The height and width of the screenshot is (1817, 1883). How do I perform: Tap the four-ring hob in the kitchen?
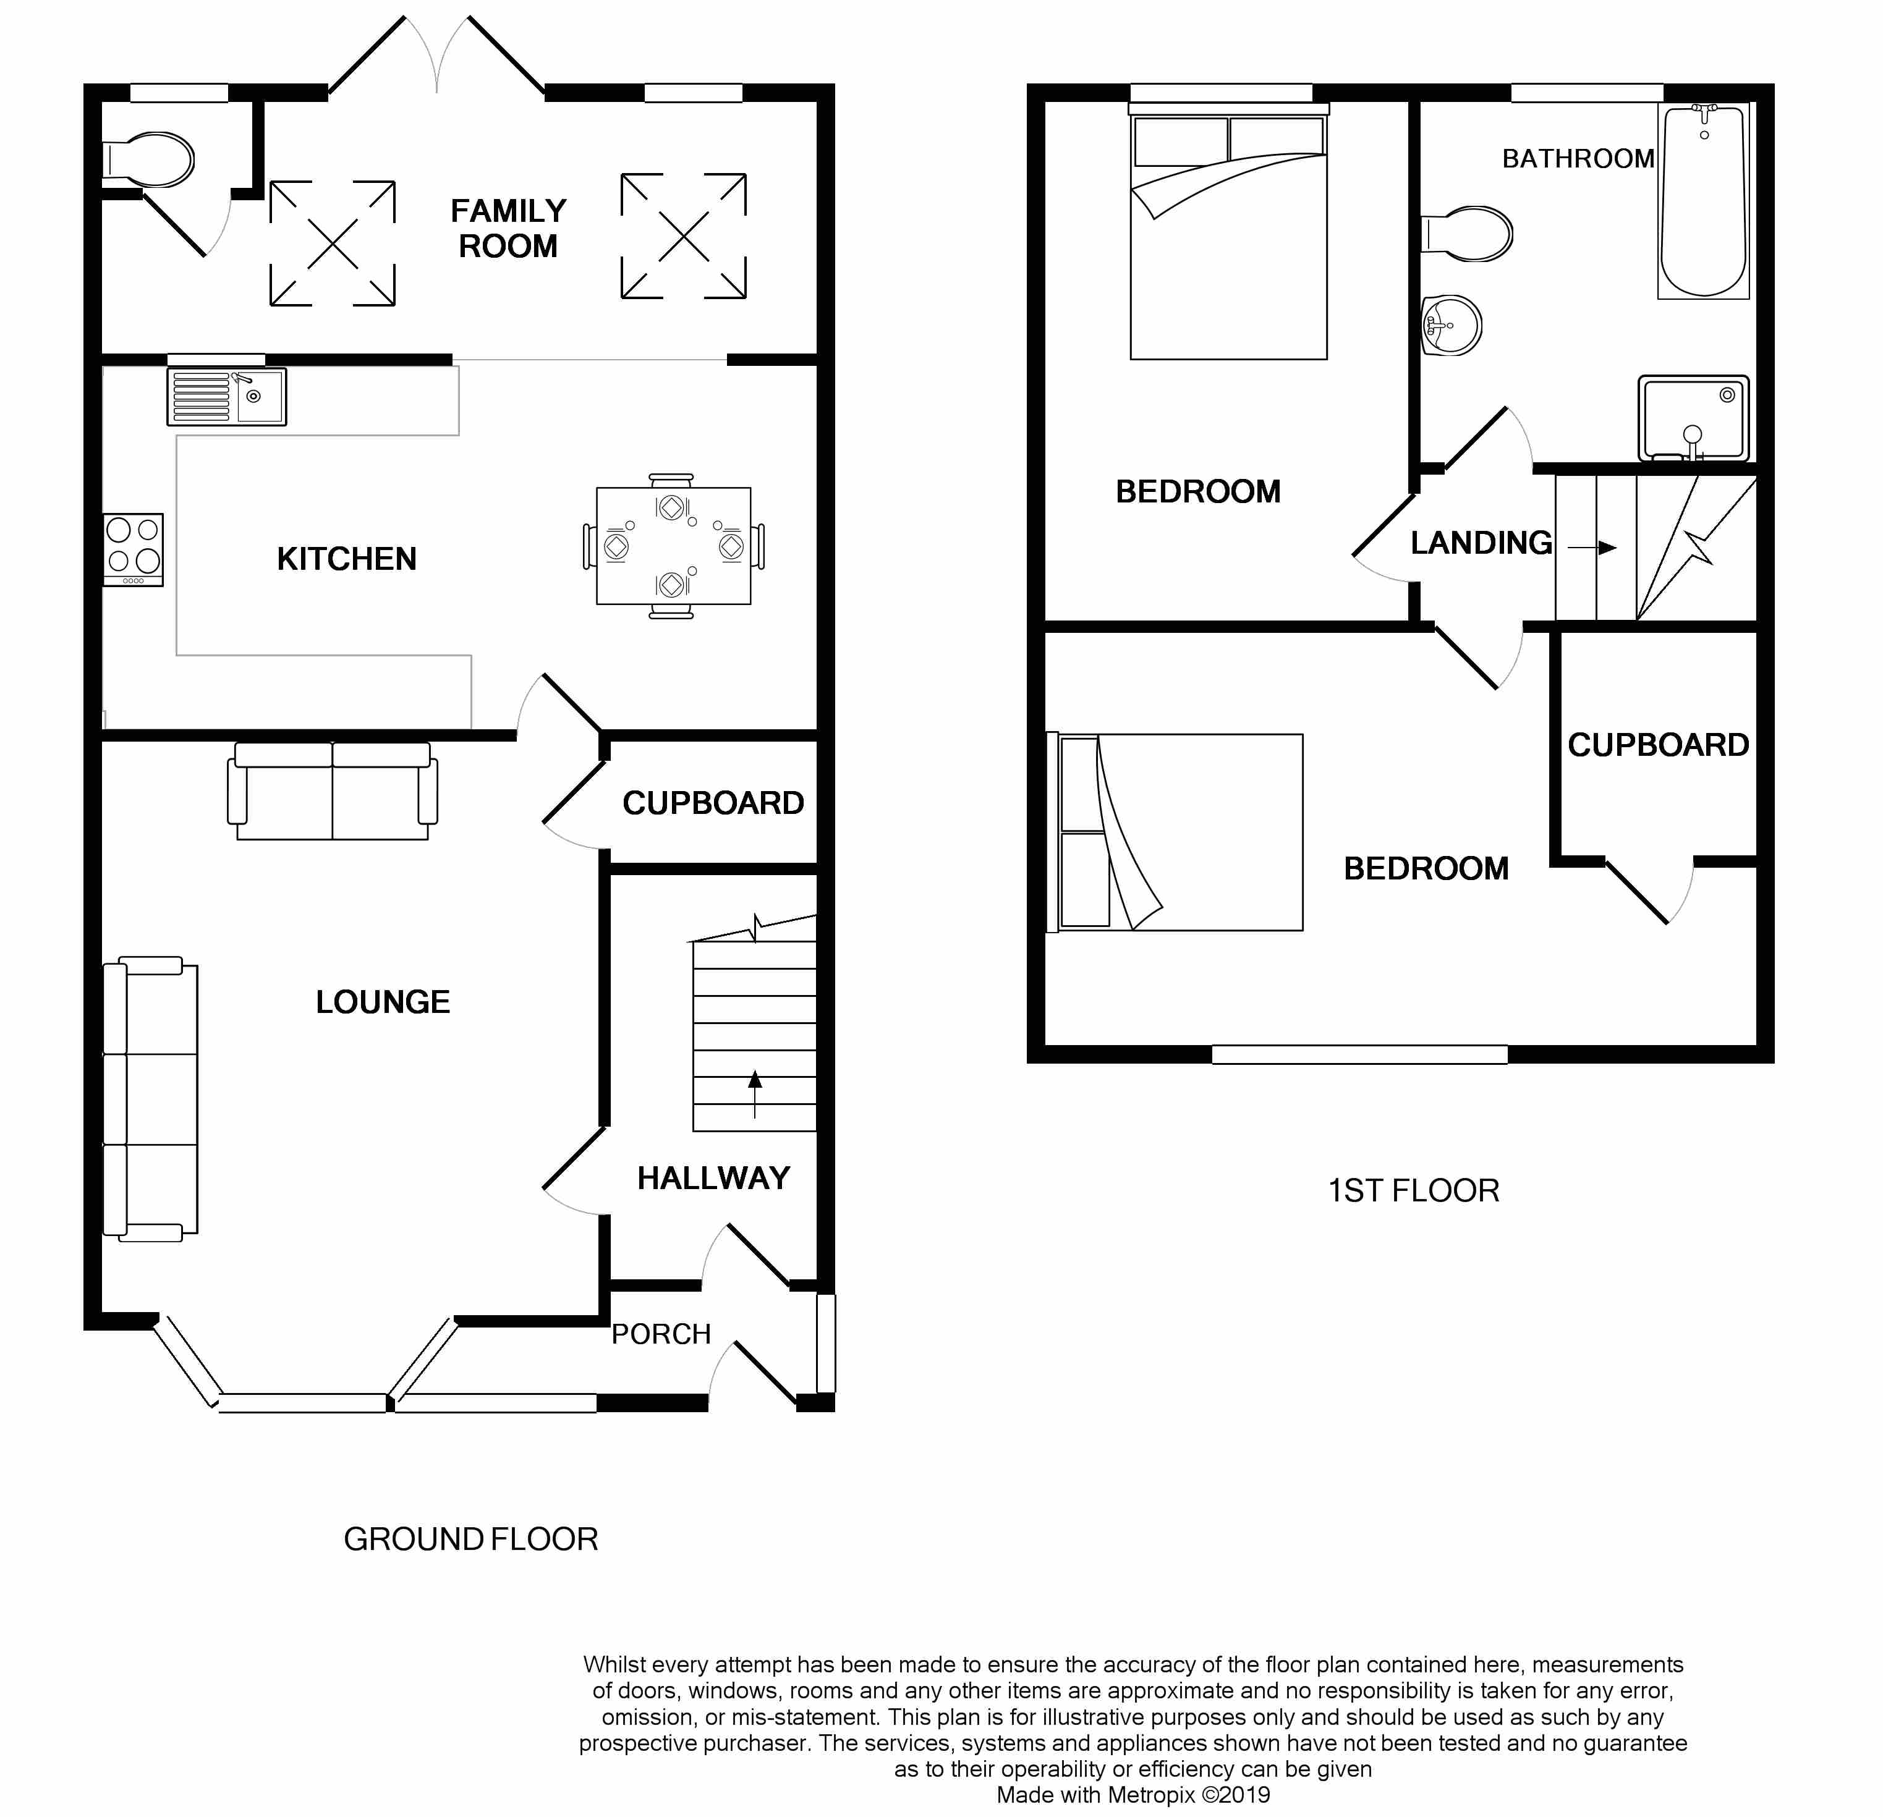point(134,549)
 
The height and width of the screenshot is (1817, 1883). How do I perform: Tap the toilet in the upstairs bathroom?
point(1467,234)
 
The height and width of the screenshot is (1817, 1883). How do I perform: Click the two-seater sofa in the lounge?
point(333,790)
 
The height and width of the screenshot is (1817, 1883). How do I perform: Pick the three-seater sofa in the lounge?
point(151,1099)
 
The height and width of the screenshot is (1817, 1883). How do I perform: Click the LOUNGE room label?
point(383,1002)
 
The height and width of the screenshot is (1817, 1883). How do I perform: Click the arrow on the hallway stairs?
point(755,1094)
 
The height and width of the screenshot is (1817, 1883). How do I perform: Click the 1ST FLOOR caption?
point(1413,1191)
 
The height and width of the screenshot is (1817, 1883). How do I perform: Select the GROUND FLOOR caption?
point(471,1540)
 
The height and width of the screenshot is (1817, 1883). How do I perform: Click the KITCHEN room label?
point(347,559)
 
